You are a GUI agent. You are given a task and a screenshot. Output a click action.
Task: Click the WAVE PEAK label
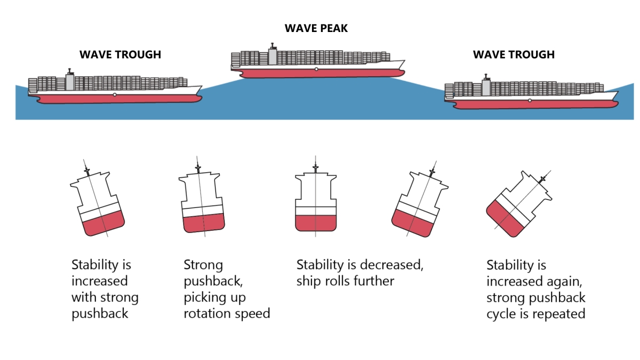coord(316,28)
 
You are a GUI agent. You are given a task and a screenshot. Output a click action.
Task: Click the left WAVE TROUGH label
coord(120,54)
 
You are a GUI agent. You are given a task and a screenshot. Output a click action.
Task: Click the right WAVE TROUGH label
coord(514,54)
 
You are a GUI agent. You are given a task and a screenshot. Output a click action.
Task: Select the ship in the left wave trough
coord(115,88)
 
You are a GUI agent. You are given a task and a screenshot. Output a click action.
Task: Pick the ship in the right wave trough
coord(531,94)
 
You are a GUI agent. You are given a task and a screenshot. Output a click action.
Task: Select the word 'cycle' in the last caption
coord(502,314)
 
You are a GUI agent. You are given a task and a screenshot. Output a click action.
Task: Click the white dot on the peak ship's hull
coord(316,69)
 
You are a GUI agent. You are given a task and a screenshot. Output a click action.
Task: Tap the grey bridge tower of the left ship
coord(69,81)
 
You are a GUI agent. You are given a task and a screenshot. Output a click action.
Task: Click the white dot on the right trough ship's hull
coord(529,100)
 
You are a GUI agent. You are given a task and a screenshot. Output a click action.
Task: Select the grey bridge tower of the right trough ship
coord(486,87)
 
